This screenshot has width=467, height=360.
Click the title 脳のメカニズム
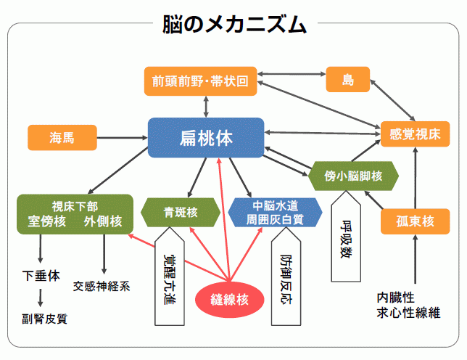click(x=233, y=25)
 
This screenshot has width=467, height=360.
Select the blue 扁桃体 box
click(x=206, y=137)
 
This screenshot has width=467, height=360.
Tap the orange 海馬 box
click(x=62, y=136)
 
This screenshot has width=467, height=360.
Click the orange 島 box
click(x=348, y=80)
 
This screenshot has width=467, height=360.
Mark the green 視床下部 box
click(x=76, y=213)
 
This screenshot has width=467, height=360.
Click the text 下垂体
click(x=41, y=276)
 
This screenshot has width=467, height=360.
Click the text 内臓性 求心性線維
click(x=408, y=304)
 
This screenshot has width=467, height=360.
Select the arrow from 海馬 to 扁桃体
click(x=121, y=136)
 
